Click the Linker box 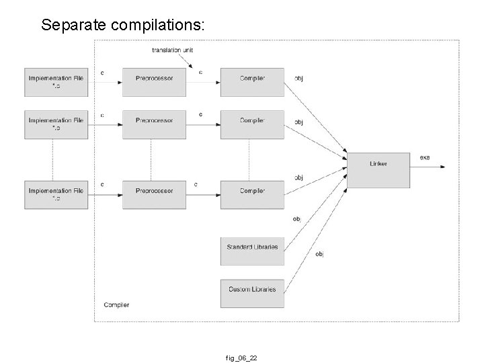[378, 170]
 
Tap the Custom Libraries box [252, 290]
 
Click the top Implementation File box [56, 82]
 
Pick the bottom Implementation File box [56, 194]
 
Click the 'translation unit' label [173, 50]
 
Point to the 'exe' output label [425, 157]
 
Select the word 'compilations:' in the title [161, 26]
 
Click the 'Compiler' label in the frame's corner [116, 305]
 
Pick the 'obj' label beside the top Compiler [299, 78]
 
